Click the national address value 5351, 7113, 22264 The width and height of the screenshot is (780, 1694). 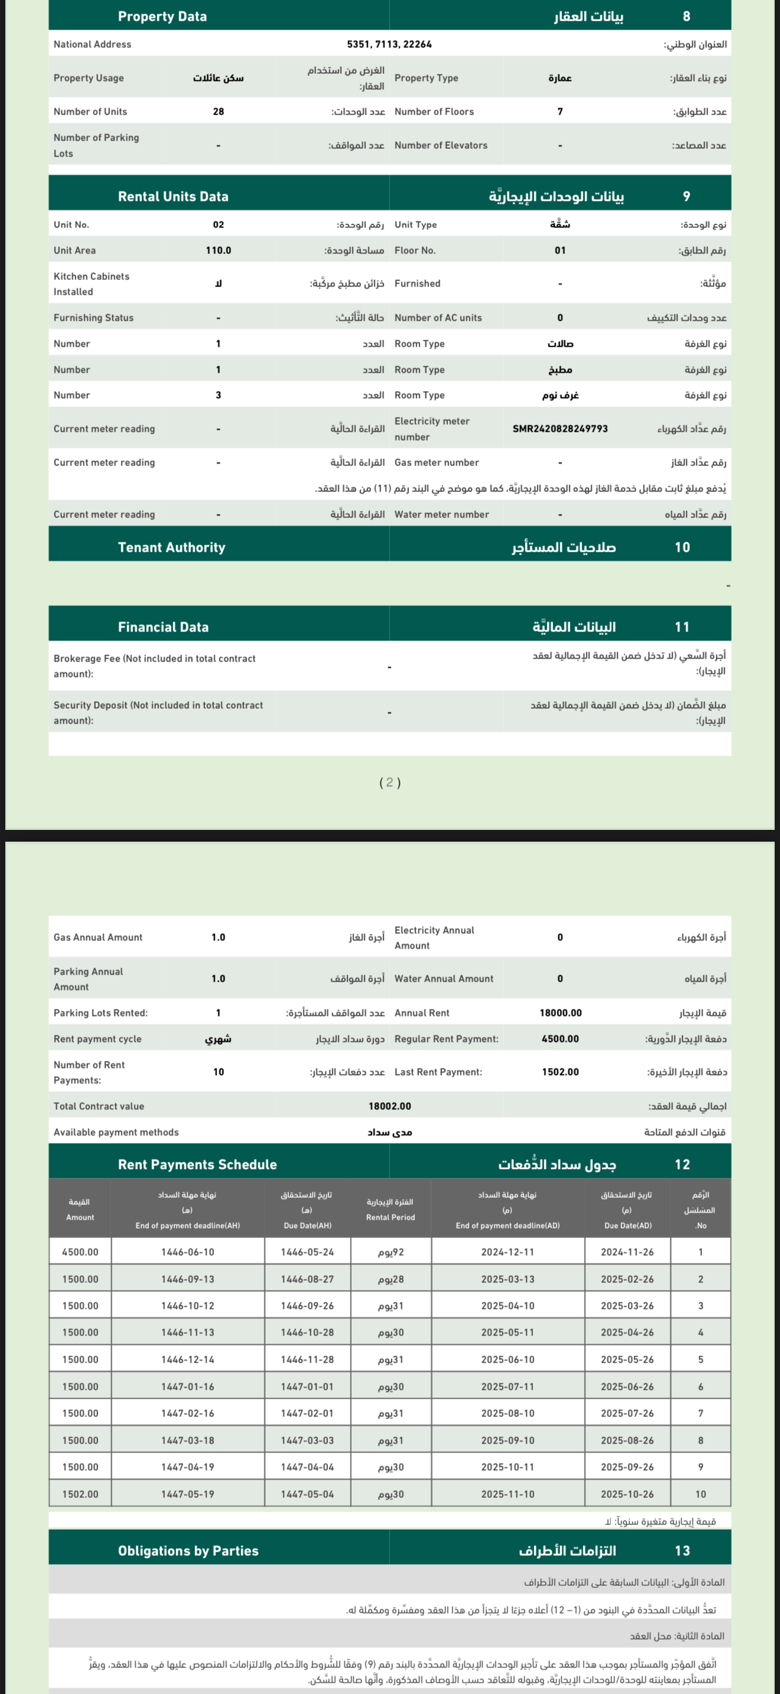[389, 44]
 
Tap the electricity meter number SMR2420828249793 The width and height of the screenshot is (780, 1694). [560, 429]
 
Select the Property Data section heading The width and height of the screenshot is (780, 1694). [162, 17]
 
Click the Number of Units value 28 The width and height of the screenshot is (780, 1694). [219, 112]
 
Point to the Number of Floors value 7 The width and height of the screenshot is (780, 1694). [560, 112]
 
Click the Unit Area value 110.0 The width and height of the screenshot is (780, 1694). [219, 250]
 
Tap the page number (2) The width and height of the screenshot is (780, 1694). [390, 782]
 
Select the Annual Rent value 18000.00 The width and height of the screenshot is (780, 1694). [560, 1013]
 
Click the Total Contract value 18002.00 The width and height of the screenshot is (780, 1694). [389, 1106]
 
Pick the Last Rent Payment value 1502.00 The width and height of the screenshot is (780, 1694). [560, 1072]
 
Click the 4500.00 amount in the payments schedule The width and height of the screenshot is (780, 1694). [80, 1252]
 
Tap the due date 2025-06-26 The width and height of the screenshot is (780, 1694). [627, 1386]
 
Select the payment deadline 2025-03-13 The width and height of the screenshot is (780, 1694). [507, 1279]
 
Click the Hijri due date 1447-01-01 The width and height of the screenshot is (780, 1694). [307, 1386]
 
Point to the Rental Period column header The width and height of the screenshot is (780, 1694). [391, 1210]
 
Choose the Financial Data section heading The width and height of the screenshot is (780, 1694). [163, 627]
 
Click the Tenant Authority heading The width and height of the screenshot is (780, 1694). [171, 547]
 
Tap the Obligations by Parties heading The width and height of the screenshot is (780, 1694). [188, 1550]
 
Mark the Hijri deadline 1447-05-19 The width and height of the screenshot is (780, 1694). [187, 1494]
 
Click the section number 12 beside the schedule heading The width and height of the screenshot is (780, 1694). [682, 1165]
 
